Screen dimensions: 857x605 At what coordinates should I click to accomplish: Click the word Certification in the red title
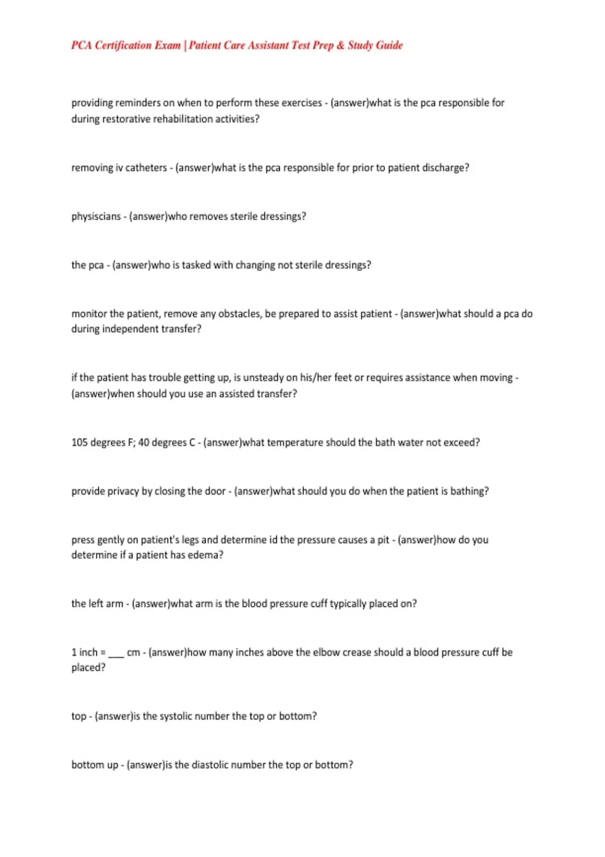pyautogui.click(x=123, y=45)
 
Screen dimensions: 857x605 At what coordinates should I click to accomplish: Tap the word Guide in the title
pyautogui.click(x=389, y=45)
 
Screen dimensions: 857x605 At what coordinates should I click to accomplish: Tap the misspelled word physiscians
pyautogui.click(x=96, y=216)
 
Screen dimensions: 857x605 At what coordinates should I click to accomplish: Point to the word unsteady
pyautogui.click(x=263, y=378)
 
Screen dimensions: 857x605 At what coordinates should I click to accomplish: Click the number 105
pyautogui.click(x=79, y=443)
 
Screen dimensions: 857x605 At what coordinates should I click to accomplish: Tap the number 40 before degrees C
pyautogui.click(x=143, y=443)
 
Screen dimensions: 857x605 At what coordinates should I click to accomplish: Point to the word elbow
pyautogui.click(x=326, y=652)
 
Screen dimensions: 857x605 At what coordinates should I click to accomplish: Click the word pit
pyautogui.click(x=383, y=540)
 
